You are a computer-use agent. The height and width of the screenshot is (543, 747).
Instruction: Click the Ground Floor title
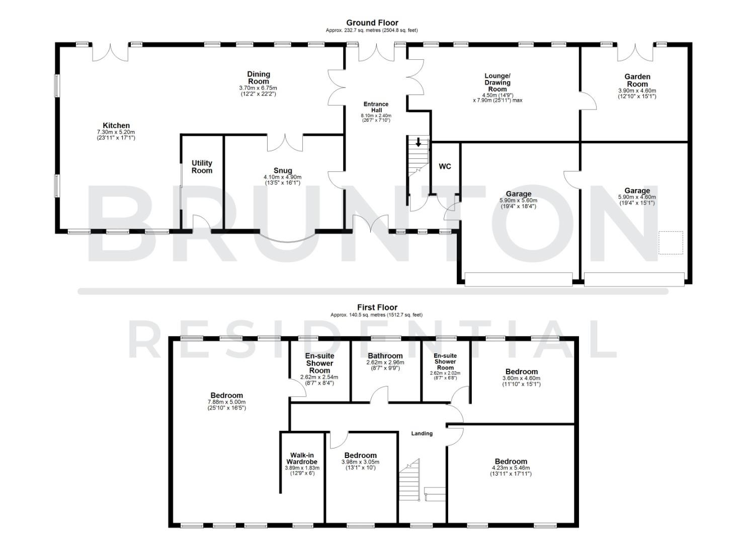tap(372, 23)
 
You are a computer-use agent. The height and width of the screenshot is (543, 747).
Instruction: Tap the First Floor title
tap(377, 307)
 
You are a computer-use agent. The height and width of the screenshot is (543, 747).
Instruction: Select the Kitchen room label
tap(116, 126)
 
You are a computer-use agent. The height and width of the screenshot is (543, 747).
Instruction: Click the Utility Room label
tap(202, 167)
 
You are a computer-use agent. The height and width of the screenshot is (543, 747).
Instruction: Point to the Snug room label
tap(283, 171)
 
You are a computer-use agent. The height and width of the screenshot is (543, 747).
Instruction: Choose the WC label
tap(445, 166)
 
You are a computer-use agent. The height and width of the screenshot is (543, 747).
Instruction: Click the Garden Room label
tap(637, 80)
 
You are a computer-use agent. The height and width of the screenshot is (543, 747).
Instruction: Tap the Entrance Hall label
tap(376, 107)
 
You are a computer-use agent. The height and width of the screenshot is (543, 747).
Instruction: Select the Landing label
tap(422, 433)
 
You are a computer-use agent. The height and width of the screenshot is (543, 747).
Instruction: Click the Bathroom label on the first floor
tap(385, 356)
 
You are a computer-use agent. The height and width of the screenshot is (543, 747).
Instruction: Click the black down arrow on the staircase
tap(418, 143)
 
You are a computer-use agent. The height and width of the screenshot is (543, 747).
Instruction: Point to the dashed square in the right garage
tap(671, 243)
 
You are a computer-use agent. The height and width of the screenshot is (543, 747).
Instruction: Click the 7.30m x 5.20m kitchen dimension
tap(116, 132)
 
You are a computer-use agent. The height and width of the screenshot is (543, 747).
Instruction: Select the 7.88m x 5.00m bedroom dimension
tap(226, 402)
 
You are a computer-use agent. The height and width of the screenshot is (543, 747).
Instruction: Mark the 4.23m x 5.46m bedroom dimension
tap(511, 468)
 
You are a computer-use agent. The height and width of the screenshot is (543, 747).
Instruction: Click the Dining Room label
tap(258, 78)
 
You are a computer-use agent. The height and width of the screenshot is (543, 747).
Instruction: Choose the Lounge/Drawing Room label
tap(497, 82)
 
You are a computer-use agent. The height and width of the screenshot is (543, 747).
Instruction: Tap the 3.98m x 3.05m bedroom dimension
tap(360, 462)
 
